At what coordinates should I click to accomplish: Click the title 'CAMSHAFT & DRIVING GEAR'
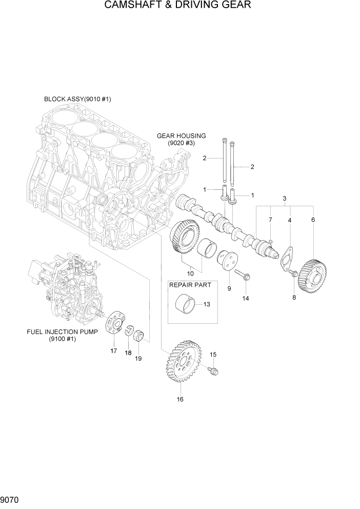(x=177, y=6)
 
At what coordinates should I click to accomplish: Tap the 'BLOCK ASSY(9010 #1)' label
(x=77, y=99)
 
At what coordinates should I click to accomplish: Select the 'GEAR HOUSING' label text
(x=181, y=136)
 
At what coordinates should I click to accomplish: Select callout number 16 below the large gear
(x=179, y=399)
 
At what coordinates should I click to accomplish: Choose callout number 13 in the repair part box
(x=207, y=304)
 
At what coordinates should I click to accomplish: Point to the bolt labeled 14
(x=244, y=277)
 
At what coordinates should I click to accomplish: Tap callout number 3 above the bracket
(x=285, y=198)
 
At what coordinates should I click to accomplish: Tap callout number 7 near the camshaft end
(x=270, y=220)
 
